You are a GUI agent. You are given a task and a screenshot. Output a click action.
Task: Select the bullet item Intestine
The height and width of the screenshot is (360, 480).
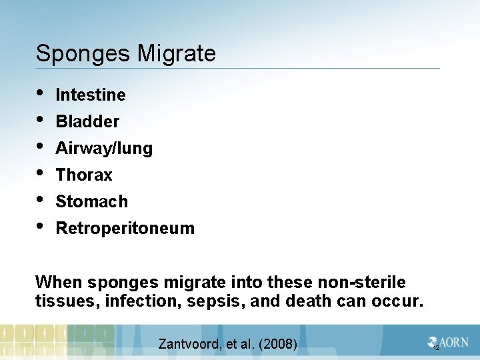91,95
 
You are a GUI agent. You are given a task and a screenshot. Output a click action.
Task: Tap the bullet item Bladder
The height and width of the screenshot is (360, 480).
87,122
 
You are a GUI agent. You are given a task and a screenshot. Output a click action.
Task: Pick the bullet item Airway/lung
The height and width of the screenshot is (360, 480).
104,149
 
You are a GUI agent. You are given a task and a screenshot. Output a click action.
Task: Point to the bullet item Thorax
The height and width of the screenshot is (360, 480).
84,175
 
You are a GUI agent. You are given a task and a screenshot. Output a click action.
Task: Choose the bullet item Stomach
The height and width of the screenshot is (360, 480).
91,201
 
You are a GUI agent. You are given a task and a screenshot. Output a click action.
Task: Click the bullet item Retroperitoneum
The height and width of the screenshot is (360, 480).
125,229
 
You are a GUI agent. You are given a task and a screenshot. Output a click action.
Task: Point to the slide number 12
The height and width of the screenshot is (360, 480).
436,348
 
